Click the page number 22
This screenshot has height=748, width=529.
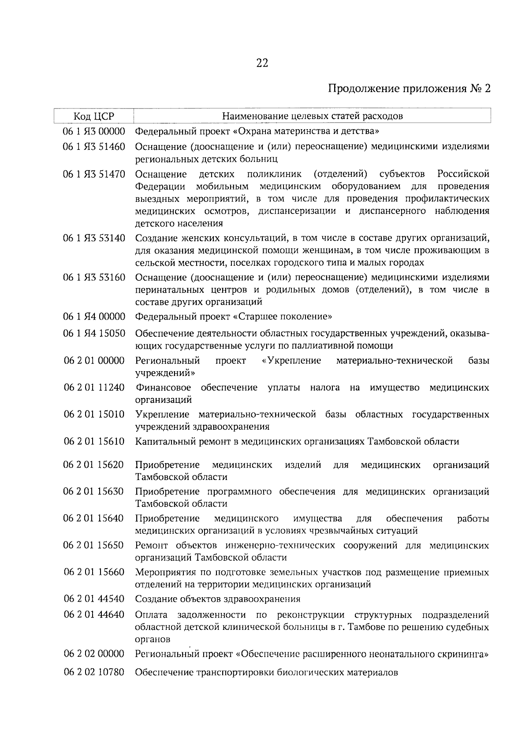262,63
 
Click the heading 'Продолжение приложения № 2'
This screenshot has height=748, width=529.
410,89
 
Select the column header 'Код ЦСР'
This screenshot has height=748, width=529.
93,116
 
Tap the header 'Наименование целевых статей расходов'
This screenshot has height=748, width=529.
312,116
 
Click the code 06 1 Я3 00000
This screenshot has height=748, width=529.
94,131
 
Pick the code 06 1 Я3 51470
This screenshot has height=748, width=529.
94,174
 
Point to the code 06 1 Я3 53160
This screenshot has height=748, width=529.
94,278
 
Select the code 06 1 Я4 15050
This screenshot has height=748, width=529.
94,333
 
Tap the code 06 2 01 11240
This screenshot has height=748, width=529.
94,387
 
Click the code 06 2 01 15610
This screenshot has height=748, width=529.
94,441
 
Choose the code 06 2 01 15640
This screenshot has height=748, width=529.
94,518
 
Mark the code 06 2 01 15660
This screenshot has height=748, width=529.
94,572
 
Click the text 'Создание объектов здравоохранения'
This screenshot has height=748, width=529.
218,599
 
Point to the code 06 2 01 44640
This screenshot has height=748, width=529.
94,614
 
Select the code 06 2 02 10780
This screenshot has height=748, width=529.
94,673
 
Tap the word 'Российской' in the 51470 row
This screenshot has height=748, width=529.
463,174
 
